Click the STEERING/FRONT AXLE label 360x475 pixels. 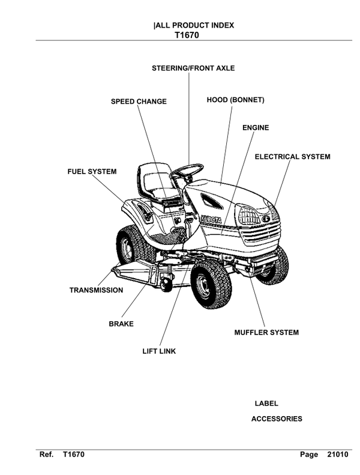click(193, 68)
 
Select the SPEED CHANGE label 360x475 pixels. click(139, 101)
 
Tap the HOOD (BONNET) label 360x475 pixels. click(235, 100)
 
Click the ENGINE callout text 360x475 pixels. click(256, 128)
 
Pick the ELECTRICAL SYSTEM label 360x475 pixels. click(292, 157)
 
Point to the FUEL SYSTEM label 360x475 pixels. click(92, 172)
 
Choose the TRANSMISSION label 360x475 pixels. click(96, 290)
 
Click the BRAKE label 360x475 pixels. click(121, 324)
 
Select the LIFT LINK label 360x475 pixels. click(159, 351)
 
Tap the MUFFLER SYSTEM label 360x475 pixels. click(266, 332)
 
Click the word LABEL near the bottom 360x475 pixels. click(266, 404)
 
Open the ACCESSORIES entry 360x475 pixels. click(277, 419)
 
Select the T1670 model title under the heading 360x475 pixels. click(187, 35)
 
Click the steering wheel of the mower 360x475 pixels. click(186, 171)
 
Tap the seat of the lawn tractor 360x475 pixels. click(155, 183)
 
